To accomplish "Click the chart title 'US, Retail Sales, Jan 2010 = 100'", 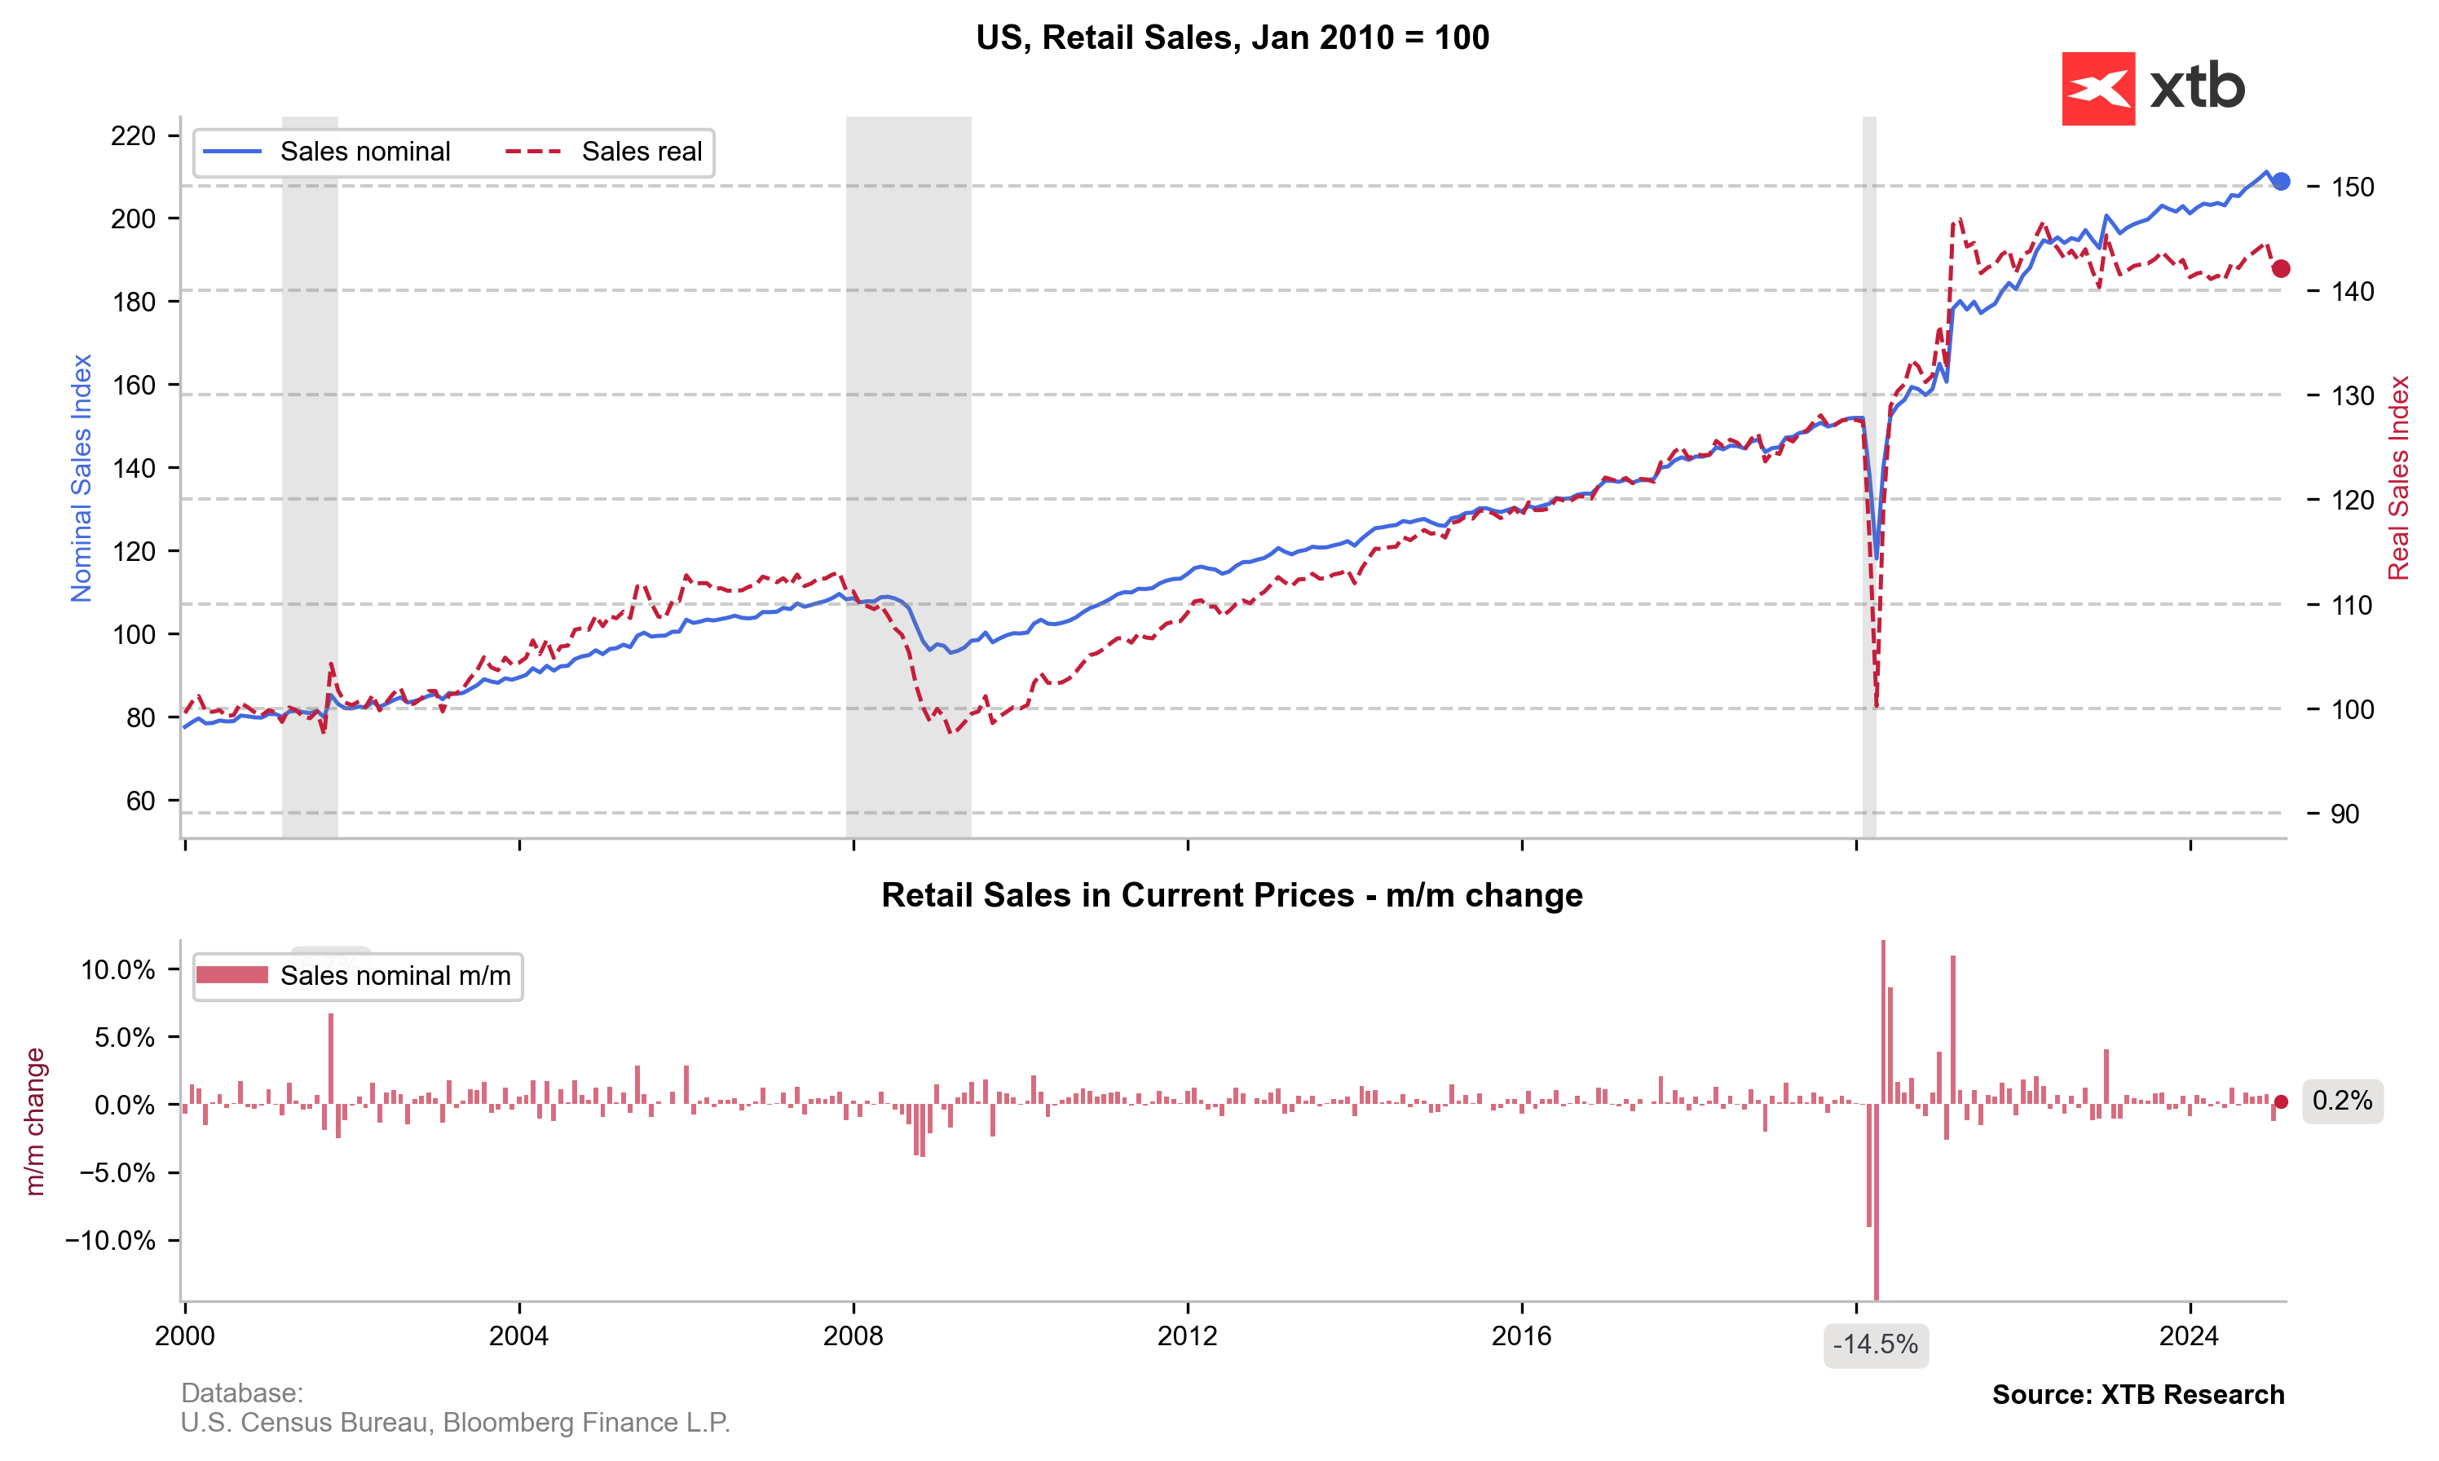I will (1233, 38).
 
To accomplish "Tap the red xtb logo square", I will (2097, 89).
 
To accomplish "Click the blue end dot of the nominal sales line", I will (2281, 181).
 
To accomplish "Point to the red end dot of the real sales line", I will (2281, 269).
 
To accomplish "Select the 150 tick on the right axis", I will (2353, 187).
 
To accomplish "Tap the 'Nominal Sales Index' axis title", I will (81, 478).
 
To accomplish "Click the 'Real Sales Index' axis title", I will (2398, 478).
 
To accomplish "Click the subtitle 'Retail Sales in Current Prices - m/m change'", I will (1233, 895).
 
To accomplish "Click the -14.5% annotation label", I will (1875, 1345).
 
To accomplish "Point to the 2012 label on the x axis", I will (1187, 1336).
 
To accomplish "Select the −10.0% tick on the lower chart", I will (110, 1241).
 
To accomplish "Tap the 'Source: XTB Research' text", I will (2138, 1395).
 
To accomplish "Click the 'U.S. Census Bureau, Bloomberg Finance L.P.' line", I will (455, 1423).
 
